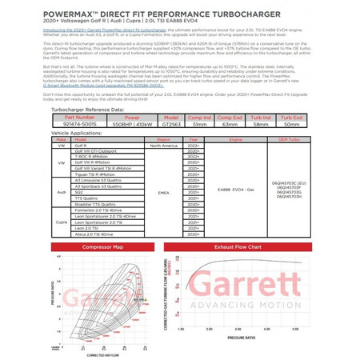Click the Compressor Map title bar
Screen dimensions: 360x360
coord(109,248)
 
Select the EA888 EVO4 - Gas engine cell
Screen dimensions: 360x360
coord(235,189)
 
